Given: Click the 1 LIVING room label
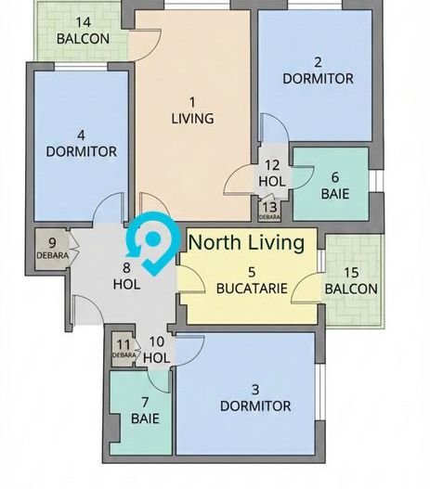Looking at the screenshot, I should coord(192,110).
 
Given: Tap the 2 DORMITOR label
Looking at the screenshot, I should coord(318,71).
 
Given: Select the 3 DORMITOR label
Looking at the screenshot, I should coord(255,397).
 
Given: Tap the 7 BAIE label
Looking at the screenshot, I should coord(144,410).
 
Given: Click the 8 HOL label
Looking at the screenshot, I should coord(126,276).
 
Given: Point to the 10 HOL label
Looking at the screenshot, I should coord(157,349).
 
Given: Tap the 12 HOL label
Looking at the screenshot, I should coord(272,174).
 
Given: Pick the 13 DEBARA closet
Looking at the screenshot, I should coord(269,210).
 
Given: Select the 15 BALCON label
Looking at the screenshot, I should coord(351,280).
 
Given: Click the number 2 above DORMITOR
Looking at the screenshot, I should coord(318,62).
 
